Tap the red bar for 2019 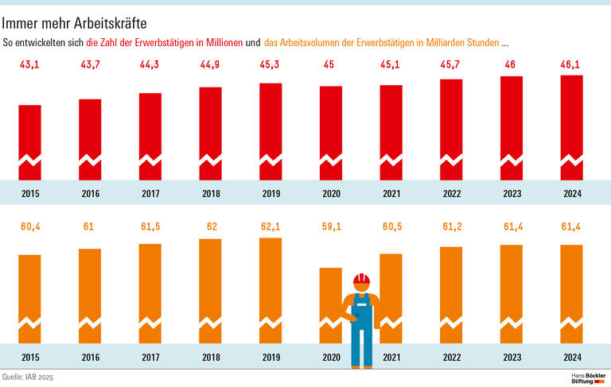click(x=270, y=131)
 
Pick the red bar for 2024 click(x=571, y=127)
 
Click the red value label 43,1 click(x=29, y=65)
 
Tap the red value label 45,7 click(x=451, y=65)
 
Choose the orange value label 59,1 click(x=331, y=227)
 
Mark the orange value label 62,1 click(x=270, y=227)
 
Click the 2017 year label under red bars click(x=150, y=193)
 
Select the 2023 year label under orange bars click(x=511, y=357)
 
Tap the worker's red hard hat click(x=362, y=279)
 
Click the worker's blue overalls click(x=361, y=326)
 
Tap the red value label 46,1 click(x=571, y=65)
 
